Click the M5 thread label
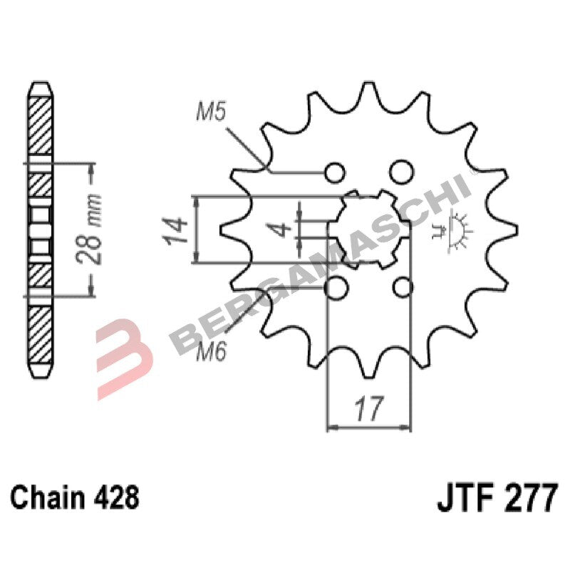pyautogui.click(x=211, y=112)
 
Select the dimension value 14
pyautogui.click(x=178, y=229)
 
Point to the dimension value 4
pyautogui.click(x=282, y=229)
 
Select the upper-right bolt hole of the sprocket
pyautogui.click(x=402, y=172)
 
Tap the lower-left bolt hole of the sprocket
pyautogui.click(x=335, y=287)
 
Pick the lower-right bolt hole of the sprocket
pyautogui.click(x=403, y=287)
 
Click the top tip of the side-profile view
pyautogui.click(x=40, y=84)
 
